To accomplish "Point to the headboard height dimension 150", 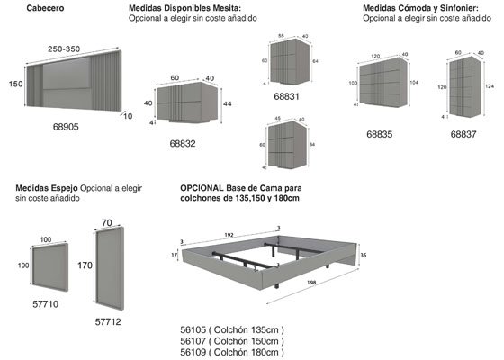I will pyautogui.click(x=14, y=84).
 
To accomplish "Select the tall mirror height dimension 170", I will pyautogui.click(x=85, y=266).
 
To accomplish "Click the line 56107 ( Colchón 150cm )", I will pyautogui.click(x=232, y=341).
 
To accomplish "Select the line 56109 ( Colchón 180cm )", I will pyautogui.click(x=232, y=352).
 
